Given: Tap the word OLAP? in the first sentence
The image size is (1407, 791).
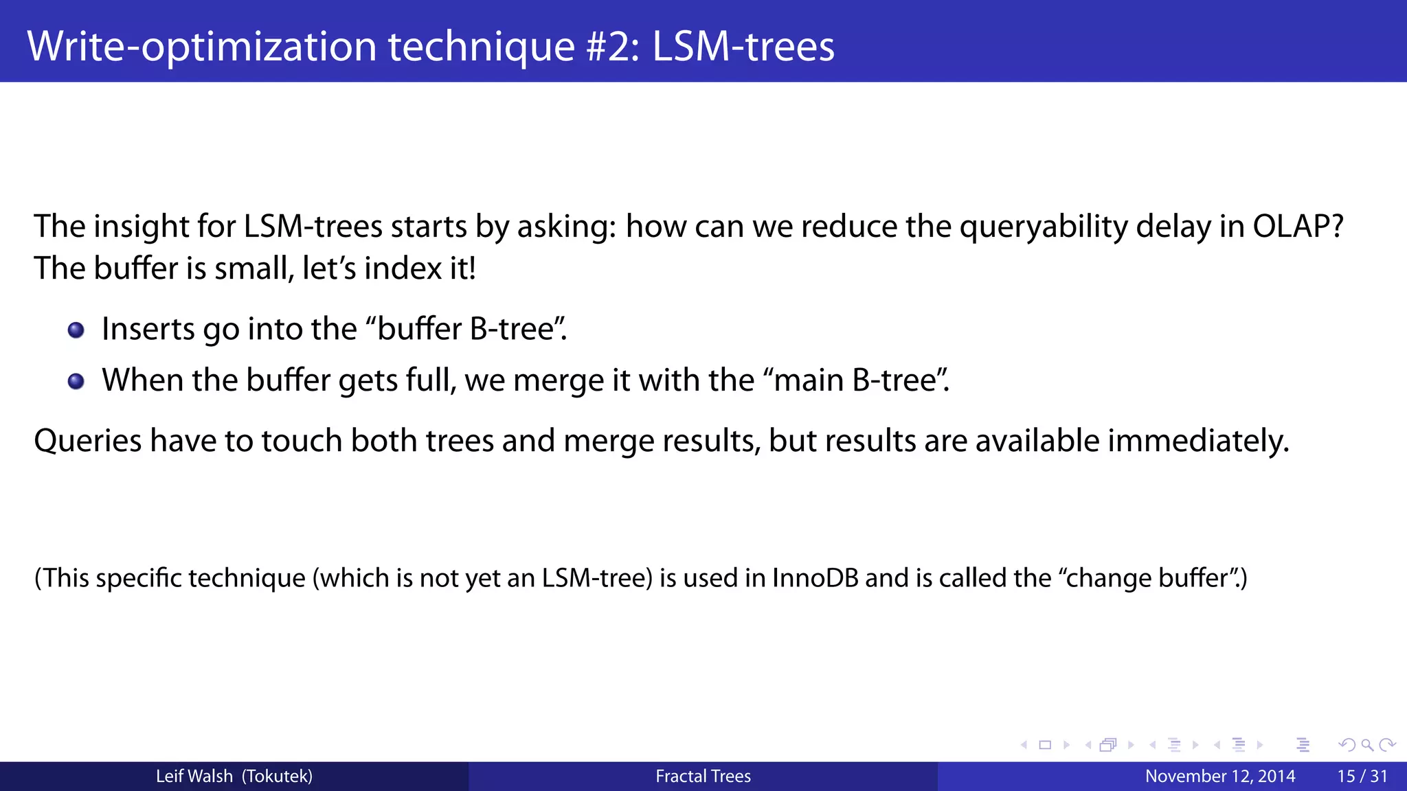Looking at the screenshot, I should click(1298, 227).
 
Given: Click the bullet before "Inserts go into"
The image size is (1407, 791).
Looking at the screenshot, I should click(76, 330).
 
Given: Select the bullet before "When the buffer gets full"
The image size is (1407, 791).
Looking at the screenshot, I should click(76, 381).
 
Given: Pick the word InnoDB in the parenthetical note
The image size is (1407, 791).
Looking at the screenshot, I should click(815, 578).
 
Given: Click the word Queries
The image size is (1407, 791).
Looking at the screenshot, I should click(87, 441).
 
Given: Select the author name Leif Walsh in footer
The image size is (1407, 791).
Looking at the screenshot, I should click(194, 777).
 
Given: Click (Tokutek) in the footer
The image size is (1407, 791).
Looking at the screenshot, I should click(278, 777).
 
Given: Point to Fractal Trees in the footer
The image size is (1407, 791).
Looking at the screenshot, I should click(703, 777).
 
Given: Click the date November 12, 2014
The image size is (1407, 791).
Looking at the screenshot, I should click(1220, 777).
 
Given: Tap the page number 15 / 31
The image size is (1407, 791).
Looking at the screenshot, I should click(1362, 777).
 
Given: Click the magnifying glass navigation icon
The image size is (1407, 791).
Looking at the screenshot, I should click(1367, 745).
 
